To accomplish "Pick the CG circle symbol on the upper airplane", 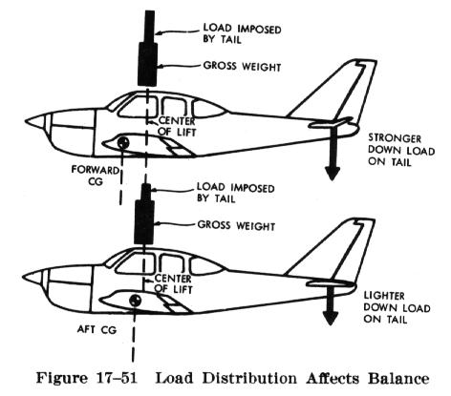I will pyautogui.click(x=124, y=143).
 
